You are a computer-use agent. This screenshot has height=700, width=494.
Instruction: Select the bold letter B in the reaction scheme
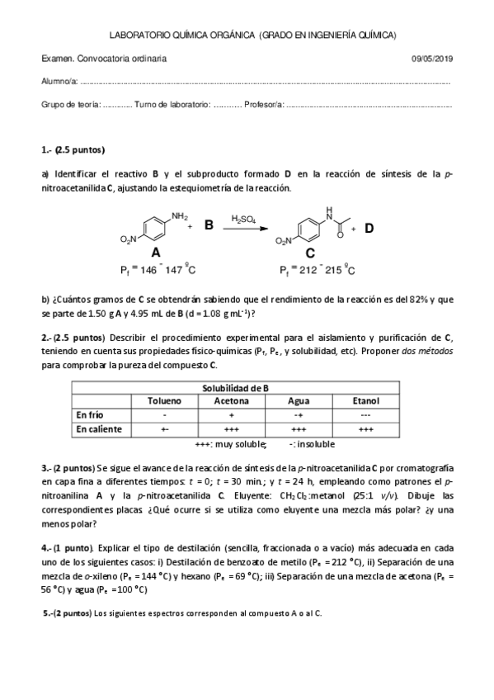pos(209,225)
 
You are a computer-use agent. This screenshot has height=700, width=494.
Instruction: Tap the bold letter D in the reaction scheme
pos(369,228)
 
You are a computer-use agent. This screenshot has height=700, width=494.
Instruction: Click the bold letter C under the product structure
pos(309,253)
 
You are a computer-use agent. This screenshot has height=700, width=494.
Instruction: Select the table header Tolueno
pos(165,400)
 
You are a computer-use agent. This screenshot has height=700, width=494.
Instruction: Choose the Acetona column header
pos(232,400)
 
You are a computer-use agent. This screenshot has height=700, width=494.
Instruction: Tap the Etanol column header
pos(365,400)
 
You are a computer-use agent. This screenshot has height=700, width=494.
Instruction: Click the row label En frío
pos(90,414)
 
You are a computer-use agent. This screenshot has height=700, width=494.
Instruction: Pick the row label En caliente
pos(98,429)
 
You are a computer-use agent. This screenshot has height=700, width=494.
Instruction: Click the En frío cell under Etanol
pos(365,414)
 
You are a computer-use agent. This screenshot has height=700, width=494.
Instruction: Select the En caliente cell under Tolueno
pos(165,429)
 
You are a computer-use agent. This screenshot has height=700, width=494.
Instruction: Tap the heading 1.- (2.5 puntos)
pos(73,150)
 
